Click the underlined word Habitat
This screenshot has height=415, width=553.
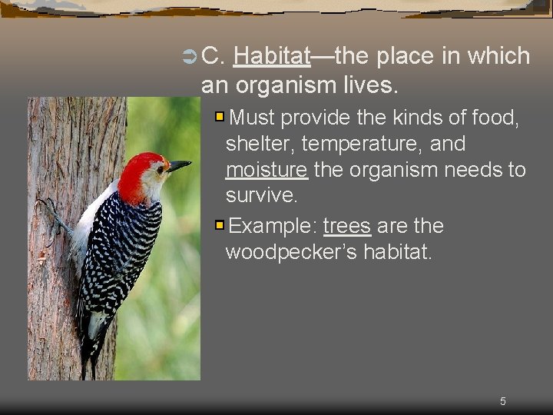point(271,56)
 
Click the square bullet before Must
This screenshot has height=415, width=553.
point(220,118)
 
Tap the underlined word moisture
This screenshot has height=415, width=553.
point(267,169)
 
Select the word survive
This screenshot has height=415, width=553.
point(260,195)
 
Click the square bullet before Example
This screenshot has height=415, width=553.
point(220,226)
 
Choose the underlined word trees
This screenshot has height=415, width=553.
point(347,226)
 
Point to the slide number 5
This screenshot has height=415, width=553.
point(503,401)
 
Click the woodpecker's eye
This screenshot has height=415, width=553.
point(161,168)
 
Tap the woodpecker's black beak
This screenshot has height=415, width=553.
point(180,164)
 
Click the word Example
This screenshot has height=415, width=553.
point(273,226)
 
